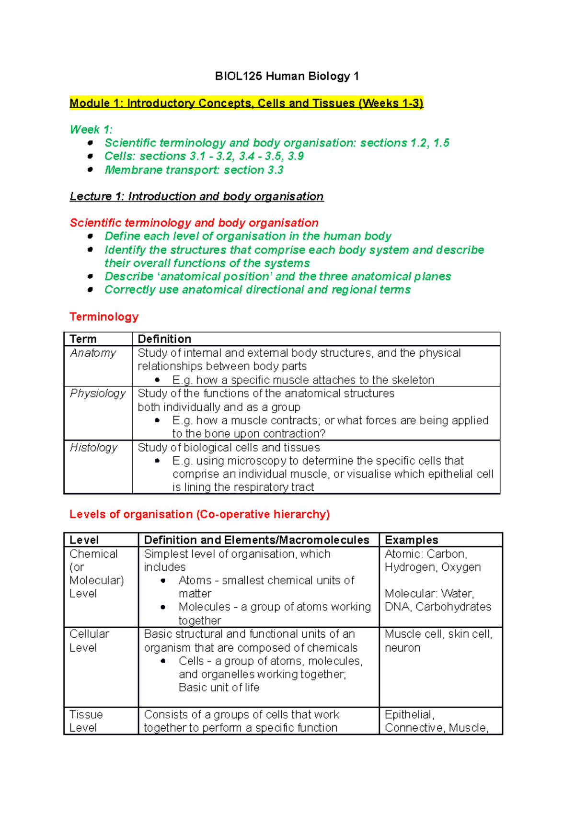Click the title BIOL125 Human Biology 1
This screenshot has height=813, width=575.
click(287, 76)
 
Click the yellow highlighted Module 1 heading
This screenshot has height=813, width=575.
click(246, 103)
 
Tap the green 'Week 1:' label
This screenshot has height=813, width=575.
click(91, 129)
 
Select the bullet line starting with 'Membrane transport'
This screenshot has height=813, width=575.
click(194, 170)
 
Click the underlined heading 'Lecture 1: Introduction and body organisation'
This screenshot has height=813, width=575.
click(196, 196)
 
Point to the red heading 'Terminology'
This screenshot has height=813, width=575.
click(104, 316)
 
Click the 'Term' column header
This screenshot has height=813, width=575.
click(83, 339)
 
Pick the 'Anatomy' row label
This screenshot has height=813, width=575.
click(93, 353)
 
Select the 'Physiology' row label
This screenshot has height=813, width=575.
click(98, 393)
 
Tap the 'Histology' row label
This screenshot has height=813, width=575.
click(93, 447)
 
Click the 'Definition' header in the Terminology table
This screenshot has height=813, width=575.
click(164, 339)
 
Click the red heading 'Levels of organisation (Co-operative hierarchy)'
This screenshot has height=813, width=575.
click(199, 514)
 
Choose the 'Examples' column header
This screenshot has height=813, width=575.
click(411, 540)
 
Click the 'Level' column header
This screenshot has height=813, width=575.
click(84, 540)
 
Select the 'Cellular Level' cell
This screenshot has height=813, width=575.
click(89, 641)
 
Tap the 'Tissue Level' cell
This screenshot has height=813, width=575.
click(86, 721)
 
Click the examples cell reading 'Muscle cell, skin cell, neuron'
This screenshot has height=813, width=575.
click(438, 641)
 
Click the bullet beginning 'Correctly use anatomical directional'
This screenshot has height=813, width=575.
click(257, 290)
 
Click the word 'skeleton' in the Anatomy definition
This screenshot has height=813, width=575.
click(413, 380)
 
